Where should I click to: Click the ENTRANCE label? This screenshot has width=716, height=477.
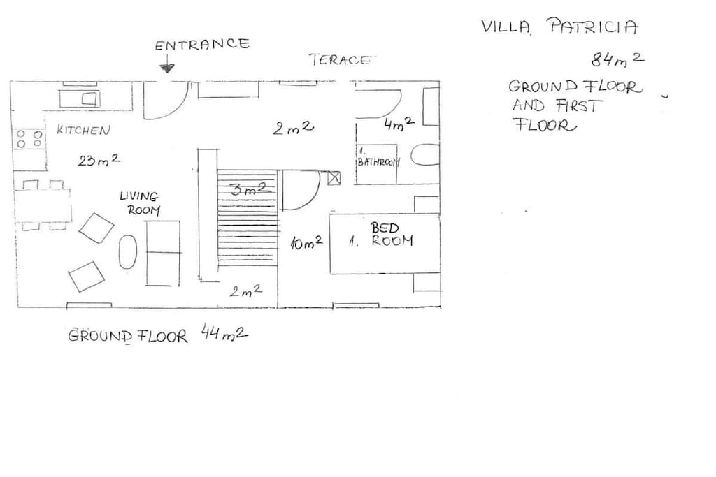coord(202,44)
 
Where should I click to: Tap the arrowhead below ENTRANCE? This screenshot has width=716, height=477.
coord(166,68)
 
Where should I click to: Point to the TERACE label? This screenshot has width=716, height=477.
coord(341,60)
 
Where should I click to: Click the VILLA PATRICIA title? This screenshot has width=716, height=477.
coord(559,26)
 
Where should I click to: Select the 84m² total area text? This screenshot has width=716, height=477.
coord(618,59)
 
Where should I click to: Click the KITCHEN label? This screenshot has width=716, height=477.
coord(83,130)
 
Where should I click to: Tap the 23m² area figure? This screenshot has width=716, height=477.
coord(99,160)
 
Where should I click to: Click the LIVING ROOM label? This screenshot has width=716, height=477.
coord(140,203)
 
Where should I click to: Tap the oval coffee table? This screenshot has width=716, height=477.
coord(128,251)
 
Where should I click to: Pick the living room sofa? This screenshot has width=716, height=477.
coord(162,254)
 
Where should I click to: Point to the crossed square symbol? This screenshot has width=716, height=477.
coord(334,177)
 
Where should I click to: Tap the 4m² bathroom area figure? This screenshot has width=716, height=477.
coord(399,123)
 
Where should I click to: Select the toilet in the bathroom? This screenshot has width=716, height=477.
coord(425,155)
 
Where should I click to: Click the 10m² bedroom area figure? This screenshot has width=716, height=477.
coord(306,242)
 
